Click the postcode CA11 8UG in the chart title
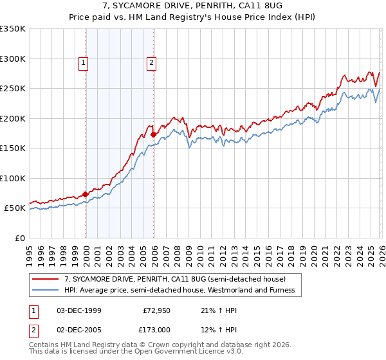(252, 5)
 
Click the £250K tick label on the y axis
(13, 88)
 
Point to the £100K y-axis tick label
(13, 178)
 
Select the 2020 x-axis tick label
(313, 253)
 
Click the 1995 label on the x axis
(29, 253)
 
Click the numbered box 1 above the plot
(85, 63)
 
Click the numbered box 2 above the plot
(151, 63)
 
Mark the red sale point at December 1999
(86, 194)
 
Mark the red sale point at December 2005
(153, 134)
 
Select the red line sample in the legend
(46, 279)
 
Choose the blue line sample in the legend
(46, 290)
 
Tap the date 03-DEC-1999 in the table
(79, 310)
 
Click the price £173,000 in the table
(156, 329)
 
